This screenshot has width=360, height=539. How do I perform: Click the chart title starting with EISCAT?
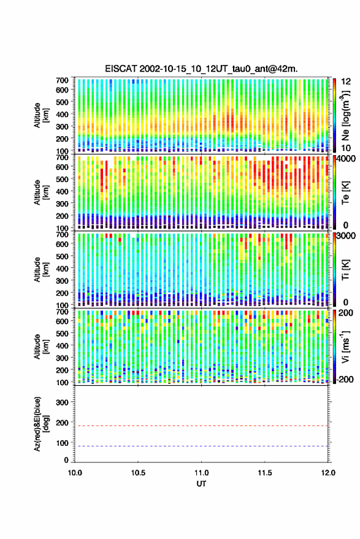pos(201,69)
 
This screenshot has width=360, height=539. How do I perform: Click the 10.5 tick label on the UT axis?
pos(138,473)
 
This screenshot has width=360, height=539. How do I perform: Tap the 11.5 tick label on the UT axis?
pos(264,473)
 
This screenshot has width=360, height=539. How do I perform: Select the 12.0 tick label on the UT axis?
pos(327,473)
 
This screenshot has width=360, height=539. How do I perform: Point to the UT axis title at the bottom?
pos(201,484)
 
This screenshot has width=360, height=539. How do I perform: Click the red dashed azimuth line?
pos(201,426)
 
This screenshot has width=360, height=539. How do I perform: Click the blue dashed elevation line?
pos(201,446)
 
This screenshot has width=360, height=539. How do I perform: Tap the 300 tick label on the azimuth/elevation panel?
pos(62,402)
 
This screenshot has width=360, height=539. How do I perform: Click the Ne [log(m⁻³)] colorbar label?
pos(346,115)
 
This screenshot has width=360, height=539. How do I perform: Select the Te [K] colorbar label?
pos(345,193)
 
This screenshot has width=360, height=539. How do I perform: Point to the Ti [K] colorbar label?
pos(345,270)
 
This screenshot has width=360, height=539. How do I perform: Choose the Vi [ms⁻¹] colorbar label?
pos(345,346)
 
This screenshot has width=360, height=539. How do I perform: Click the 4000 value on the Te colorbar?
pos(346,158)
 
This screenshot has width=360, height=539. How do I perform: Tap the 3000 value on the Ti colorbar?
pos(346,235)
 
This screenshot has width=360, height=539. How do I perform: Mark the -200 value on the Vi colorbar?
pos(345,379)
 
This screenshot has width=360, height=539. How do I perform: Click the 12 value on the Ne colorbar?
pos(346,82)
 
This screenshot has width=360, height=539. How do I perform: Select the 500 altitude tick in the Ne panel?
pos(62,102)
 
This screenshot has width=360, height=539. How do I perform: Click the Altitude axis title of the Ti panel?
pos(41,270)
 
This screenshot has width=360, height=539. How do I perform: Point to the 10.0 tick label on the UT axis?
pos(75,473)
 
